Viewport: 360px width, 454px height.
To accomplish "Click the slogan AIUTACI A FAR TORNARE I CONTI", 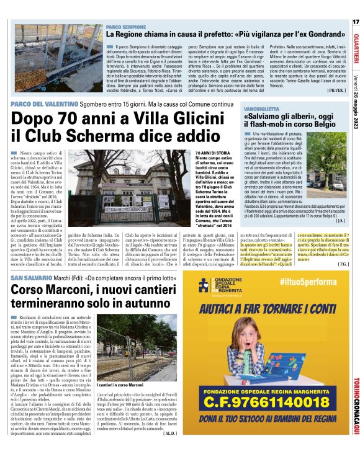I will point(264,308).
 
